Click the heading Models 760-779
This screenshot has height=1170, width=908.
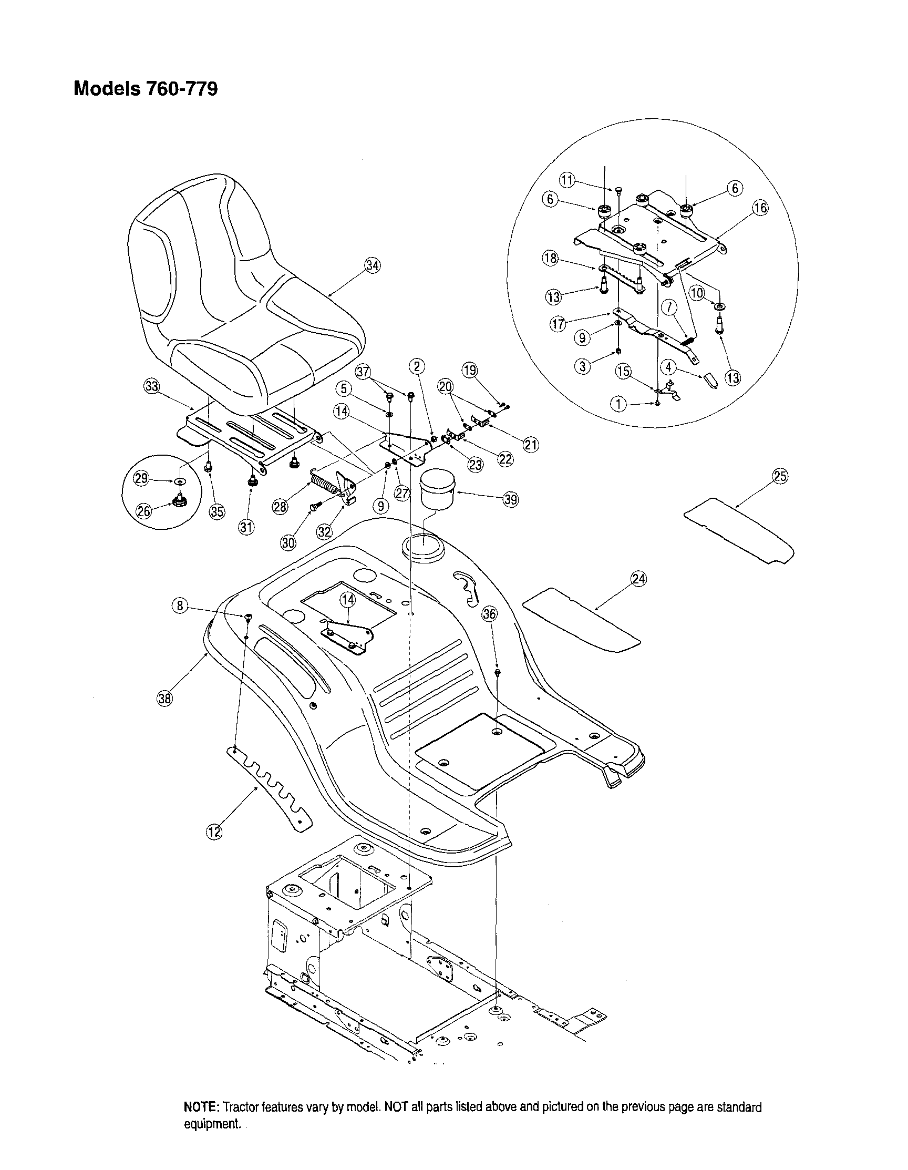145,88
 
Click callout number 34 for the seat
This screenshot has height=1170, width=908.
373,265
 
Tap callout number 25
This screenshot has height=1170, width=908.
780,476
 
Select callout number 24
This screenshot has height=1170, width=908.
638,579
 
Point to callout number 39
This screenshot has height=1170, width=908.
511,499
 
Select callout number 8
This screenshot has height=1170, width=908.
180,606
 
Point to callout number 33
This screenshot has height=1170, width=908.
152,386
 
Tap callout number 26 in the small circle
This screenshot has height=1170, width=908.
143,510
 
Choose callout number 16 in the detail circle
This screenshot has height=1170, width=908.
760,208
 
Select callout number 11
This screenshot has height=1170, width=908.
567,180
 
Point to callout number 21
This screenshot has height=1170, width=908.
531,444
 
